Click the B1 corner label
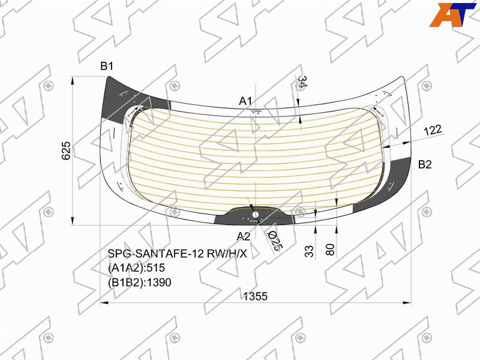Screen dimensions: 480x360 click(107, 66)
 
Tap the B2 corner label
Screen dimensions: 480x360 click(425, 164)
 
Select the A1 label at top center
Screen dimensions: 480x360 click(245, 101)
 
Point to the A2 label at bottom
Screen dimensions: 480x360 click(244, 236)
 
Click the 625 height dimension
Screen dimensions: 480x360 click(66, 151)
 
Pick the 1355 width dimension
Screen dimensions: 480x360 click(256, 296)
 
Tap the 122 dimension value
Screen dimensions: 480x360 click(433, 130)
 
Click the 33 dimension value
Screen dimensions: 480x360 click(310, 251)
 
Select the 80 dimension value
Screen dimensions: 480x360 click(331, 250)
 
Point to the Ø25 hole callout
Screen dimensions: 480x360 click(274, 242)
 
